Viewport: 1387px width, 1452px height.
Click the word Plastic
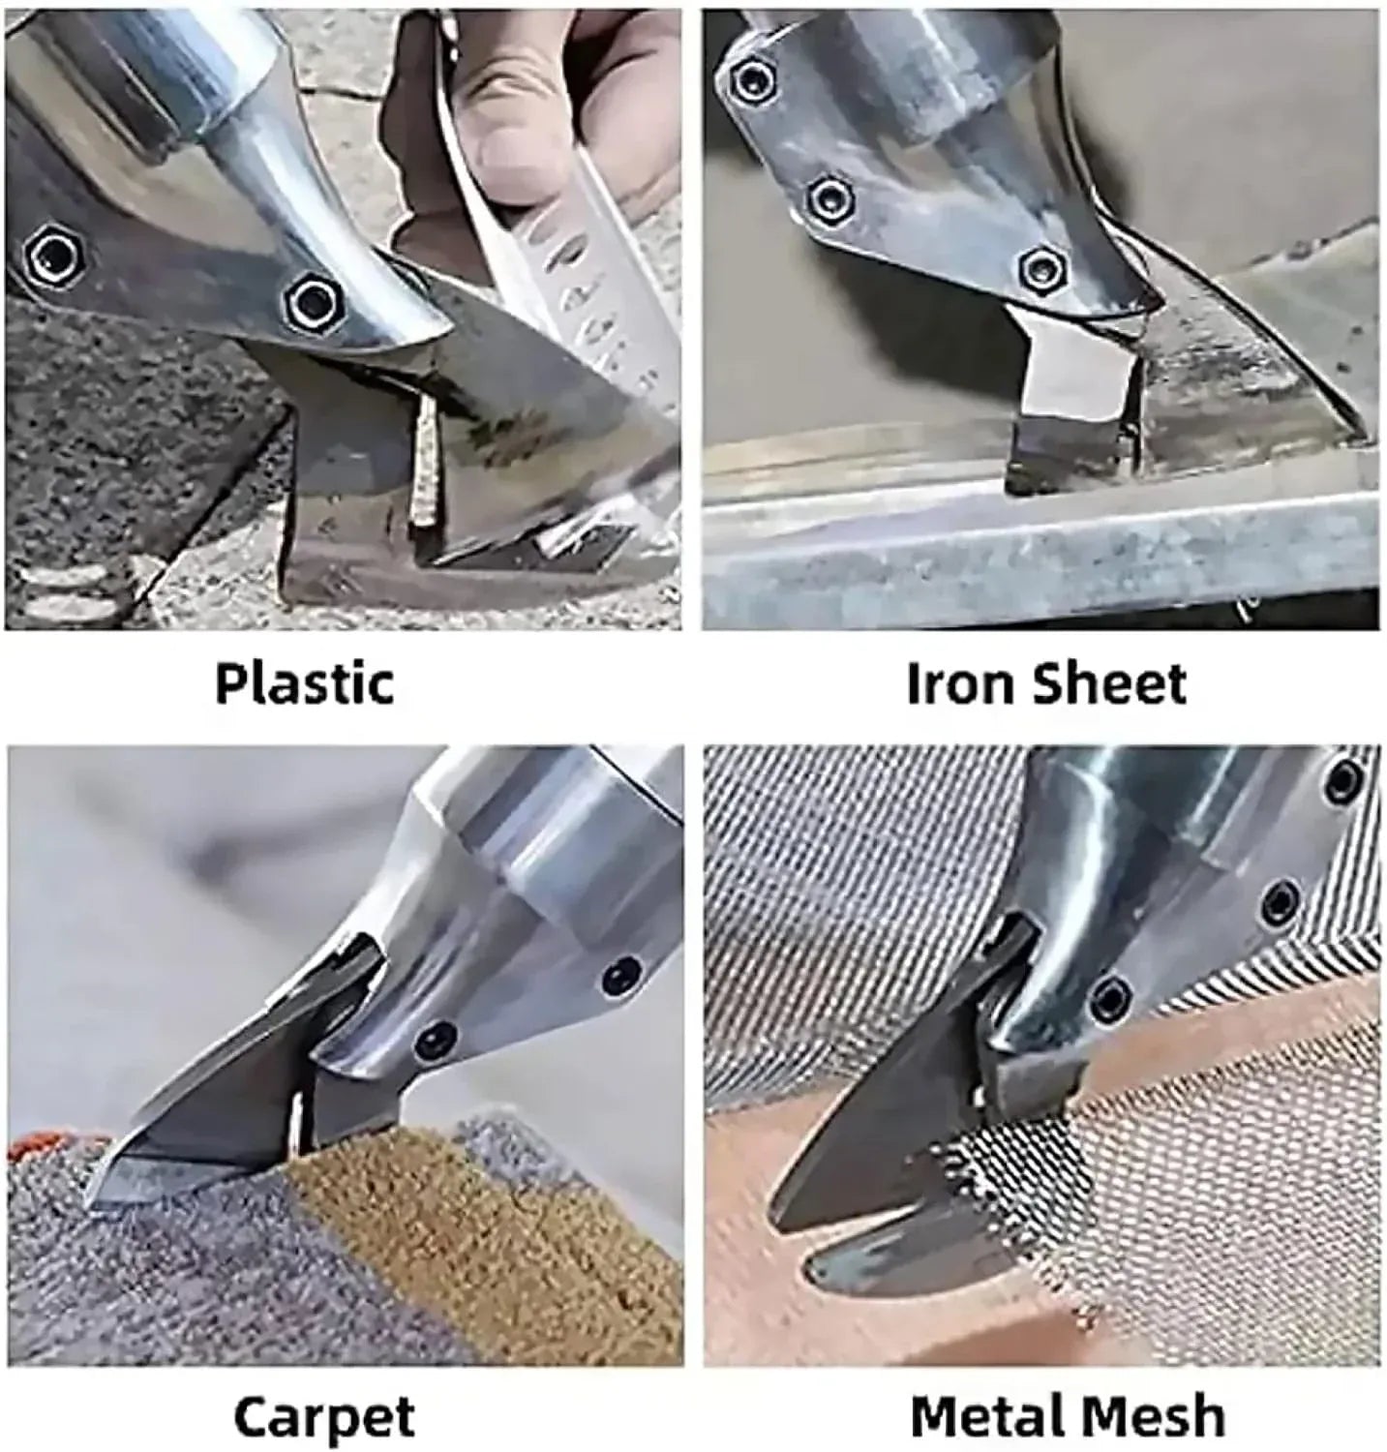point(304,684)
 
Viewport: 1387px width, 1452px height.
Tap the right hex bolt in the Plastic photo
point(312,301)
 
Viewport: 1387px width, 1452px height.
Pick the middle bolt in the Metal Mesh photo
point(1281,903)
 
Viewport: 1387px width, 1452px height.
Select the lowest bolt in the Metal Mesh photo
point(1112,995)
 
